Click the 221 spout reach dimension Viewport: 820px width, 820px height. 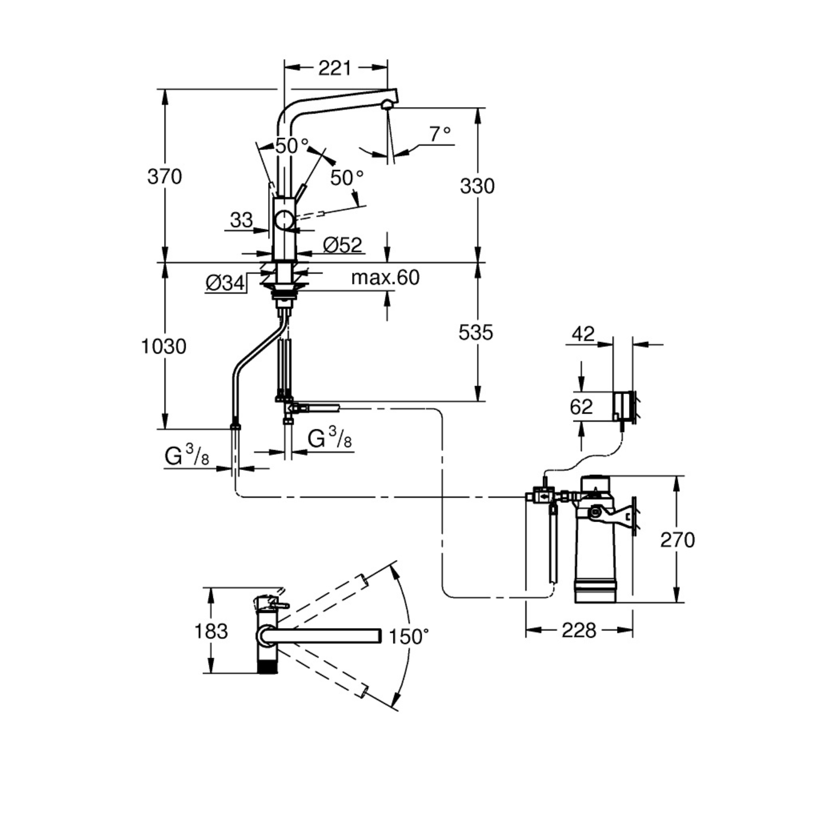click(335, 68)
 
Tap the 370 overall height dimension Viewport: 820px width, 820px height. click(165, 177)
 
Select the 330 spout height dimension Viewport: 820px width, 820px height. click(477, 186)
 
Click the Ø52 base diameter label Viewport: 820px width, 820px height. click(343, 245)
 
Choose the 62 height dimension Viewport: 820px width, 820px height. click(581, 407)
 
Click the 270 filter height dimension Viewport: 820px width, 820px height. click(677, 540)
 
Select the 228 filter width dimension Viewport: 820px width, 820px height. click(579, 630)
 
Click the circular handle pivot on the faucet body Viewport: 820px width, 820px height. click(284, 221)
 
